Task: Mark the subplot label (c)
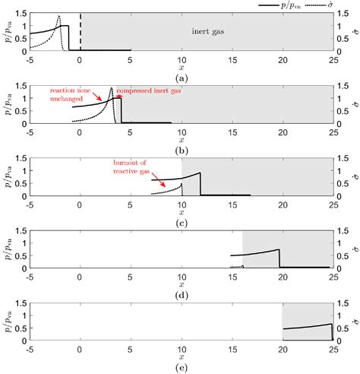coord(182,224)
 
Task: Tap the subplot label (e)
coord(182,370)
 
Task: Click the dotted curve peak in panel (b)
coord(112,88)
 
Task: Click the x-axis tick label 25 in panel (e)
coord(333,350)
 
